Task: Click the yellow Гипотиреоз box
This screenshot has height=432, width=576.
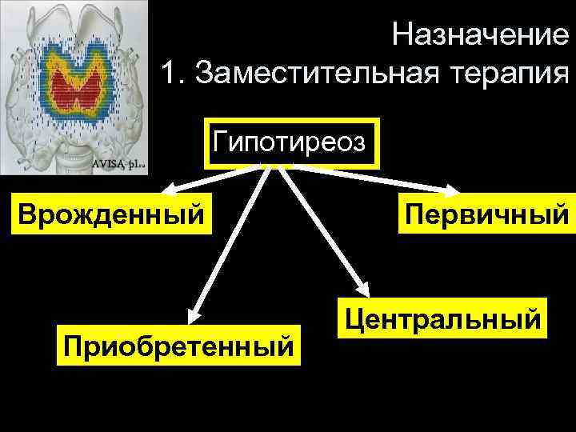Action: coord(291,144)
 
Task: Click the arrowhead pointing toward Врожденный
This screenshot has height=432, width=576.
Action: coord(168,191)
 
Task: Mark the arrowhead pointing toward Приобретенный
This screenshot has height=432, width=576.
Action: coord(193,313)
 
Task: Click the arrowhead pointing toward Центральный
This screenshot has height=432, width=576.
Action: coord(362,292)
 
